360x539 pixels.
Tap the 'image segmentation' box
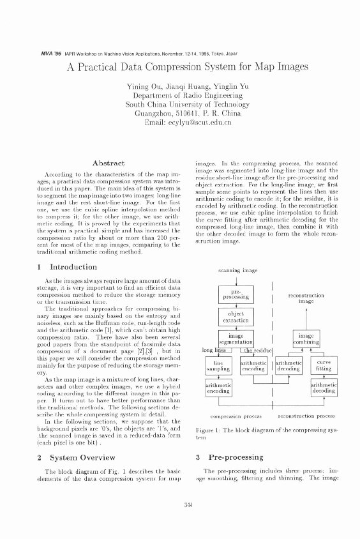coord(236,339)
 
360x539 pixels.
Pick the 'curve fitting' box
coord(324,365)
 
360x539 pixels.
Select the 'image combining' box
coord(306,339)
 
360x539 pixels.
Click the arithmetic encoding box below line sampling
coord(218,389)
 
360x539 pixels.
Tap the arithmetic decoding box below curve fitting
coord(324,389)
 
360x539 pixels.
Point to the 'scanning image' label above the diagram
coord(237,271)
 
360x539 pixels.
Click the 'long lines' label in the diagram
coord(214,351)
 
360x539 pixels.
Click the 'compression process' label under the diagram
coord(236,416)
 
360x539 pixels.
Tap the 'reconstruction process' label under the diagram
coord(307,416)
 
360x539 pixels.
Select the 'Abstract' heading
coord(104,163)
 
